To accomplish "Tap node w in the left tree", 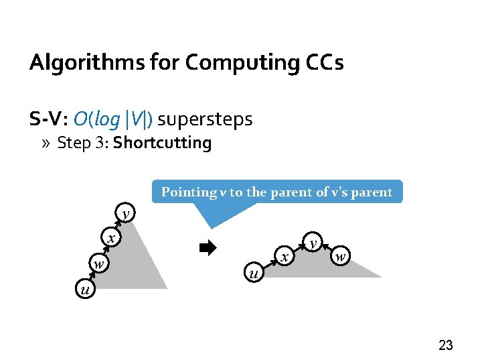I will click(98, 263).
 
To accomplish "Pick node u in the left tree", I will click(84, 290).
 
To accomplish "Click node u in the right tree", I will click(252, 273).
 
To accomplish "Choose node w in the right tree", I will click(340, 256).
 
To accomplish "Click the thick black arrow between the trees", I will click(208, 248).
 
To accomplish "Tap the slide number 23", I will click(445, 345).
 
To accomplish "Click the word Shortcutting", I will click(162, 143).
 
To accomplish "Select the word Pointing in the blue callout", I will click(189, 192).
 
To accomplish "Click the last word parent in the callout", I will click(370, 192).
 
